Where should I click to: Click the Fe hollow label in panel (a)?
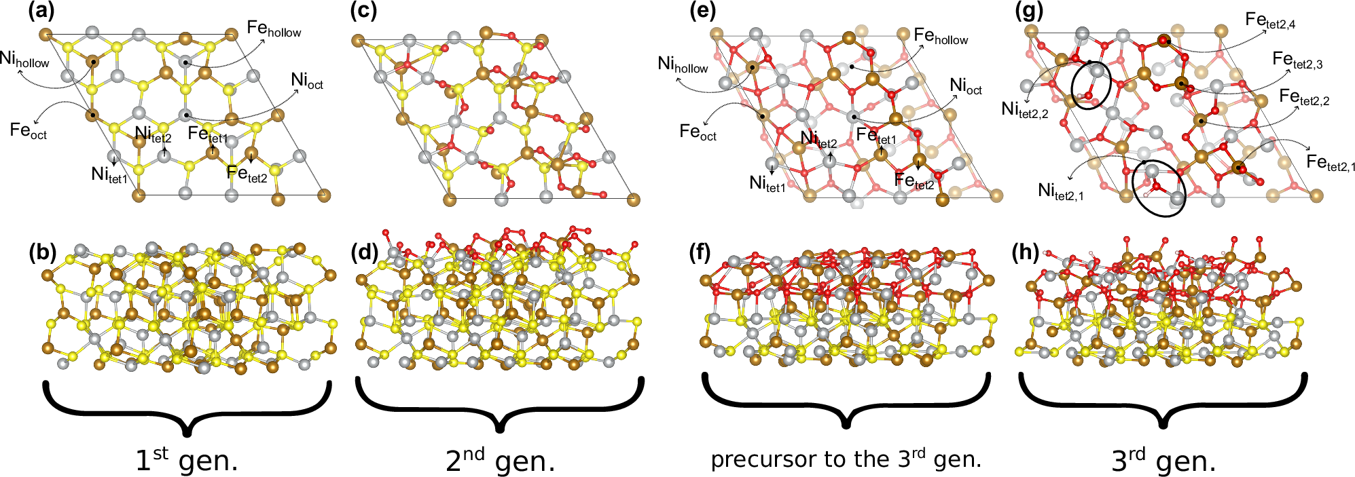coord(274,28)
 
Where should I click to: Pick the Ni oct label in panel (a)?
coord(307,81)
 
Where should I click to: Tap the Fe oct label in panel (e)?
coord(698,132)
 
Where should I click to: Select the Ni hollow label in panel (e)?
coord(683,65)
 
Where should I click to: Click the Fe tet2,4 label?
coord(1270,21)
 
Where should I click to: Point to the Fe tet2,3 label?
coord(1297,60)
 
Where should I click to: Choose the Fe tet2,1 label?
coord(1331,163)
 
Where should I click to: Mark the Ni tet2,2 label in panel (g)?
coord(1024,109)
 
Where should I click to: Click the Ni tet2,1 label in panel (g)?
coord(1060,191)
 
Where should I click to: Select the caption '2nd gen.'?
coord(500,461)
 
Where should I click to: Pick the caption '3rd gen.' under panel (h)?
coord(1163,461)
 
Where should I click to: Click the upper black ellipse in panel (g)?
coord(1091,84)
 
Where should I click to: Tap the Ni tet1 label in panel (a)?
coord(109,175)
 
